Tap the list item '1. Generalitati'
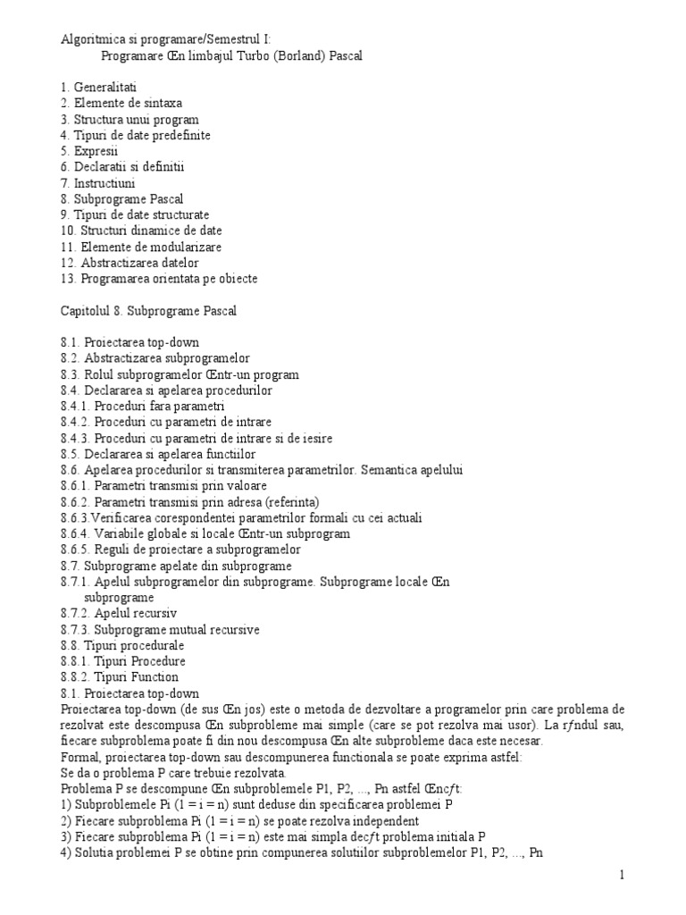point(98,88)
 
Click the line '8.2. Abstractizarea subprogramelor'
point(155,358)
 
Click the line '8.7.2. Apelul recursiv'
point(119,614)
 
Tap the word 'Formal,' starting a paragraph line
point(81,757)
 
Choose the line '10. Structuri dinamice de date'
point(141,231)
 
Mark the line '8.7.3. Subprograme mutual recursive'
point(160,630)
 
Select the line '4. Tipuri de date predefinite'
point(136,135)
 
